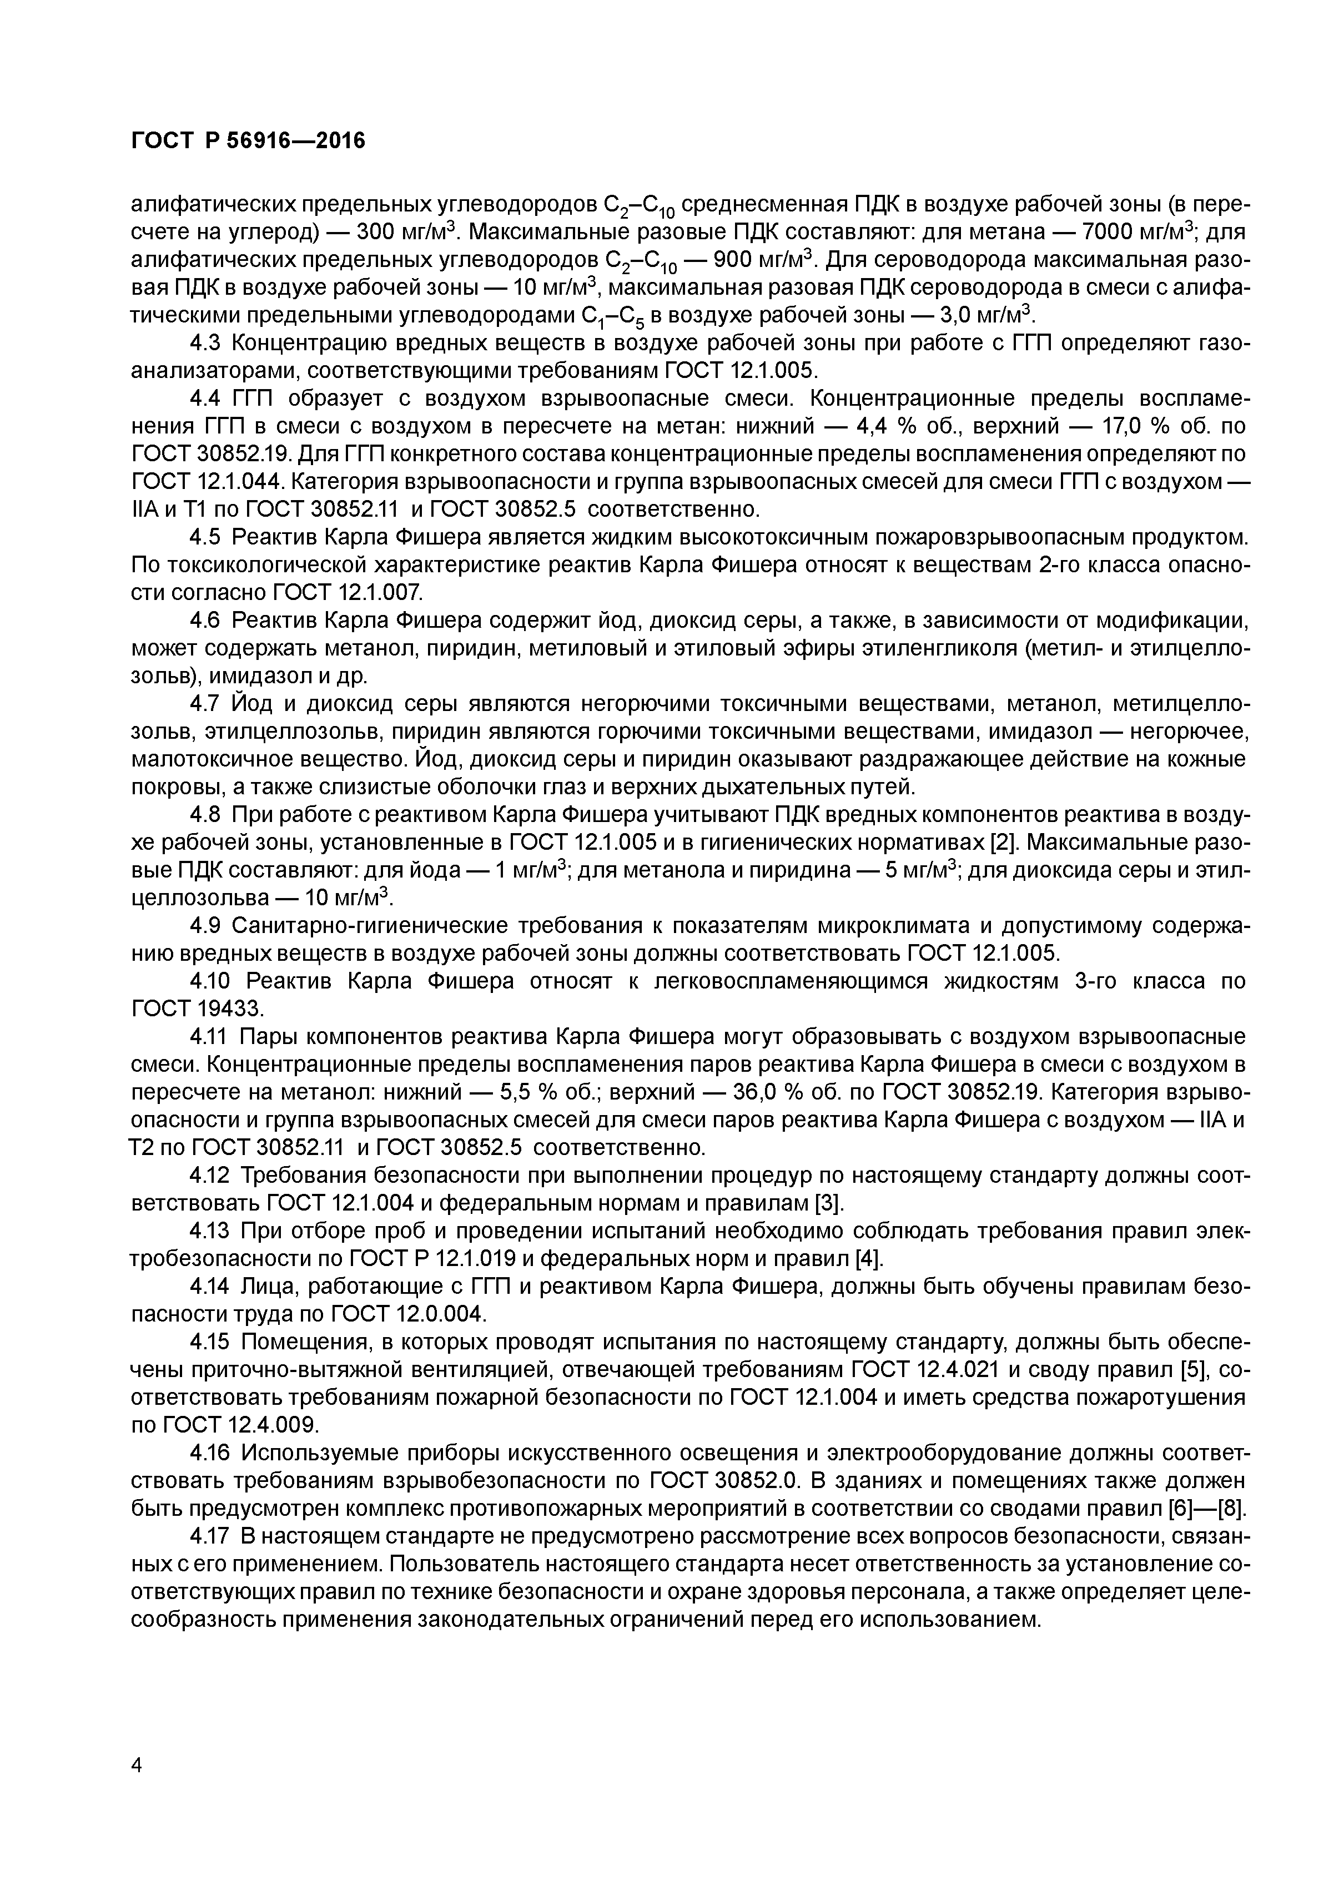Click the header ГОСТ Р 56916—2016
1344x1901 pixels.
tap(248, 142)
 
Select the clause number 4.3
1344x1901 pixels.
tap(207, 343)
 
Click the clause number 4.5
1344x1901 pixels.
tap(207, 537)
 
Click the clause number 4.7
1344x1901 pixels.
tap(207, 704)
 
